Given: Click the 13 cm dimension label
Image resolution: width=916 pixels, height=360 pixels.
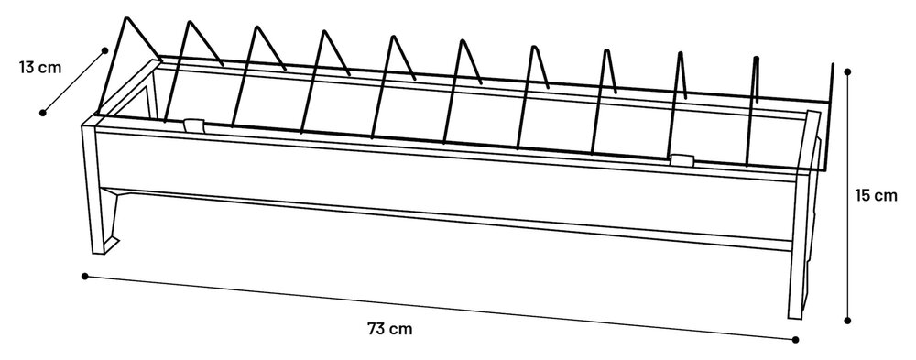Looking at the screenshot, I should point(39,67).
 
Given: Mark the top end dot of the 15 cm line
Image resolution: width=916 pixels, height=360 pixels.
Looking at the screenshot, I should point(848,71).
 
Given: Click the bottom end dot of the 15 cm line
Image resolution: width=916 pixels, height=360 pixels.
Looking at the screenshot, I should point(848,320).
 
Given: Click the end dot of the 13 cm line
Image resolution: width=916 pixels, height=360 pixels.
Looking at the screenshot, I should point(42,113).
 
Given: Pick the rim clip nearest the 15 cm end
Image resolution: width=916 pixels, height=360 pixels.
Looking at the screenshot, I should point(679,159).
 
